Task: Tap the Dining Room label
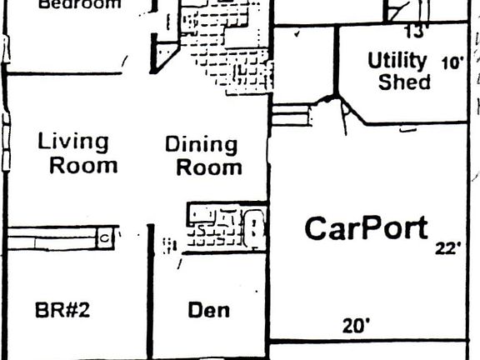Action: tap(202, 155)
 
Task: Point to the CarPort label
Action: tap(366, 228)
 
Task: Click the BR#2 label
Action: tap(62, 311)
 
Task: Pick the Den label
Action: tap(208, 311)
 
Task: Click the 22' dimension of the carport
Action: tap(447, 248)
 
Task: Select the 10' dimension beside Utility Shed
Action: tap(452, 62)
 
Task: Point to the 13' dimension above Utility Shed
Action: tap(415, 32)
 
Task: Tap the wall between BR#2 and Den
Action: tap(151, 292)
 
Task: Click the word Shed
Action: tap(404, 82)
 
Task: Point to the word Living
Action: tap(73, 141)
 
